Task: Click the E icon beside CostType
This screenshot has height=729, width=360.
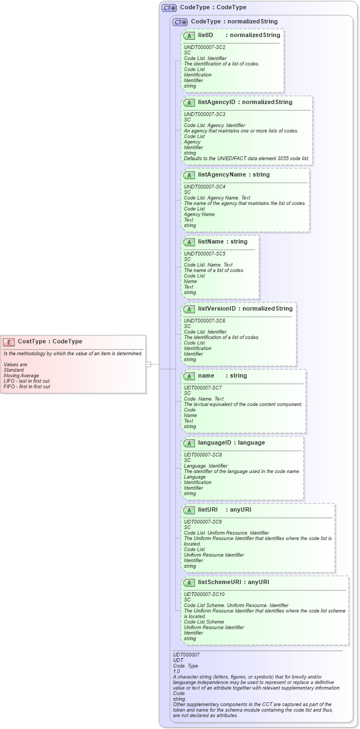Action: pyautogui.click(x=9, y=342)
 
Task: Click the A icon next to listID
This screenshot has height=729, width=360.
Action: pyautogui.click(x=189, y=35)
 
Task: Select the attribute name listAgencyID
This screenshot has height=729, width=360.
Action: pyautogui.click(x=217, y=102)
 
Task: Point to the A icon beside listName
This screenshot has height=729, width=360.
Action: pyautogui.click(x=189, y=242)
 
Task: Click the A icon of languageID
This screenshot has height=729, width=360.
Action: pyautogui.click(x=189, y=443)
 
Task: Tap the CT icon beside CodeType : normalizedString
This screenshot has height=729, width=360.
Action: pyautogui.click(x=180, y=22)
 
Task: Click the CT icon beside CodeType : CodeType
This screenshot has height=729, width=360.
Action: pyautogui.click(x=169, y=8)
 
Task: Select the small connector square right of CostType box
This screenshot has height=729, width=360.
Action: pyautogui.click(x=149, y=364)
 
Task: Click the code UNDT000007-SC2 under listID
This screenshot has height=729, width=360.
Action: pyautogui.click(x=204, y=47)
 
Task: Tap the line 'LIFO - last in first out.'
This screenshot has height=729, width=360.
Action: pyautogui.click(x=27, y=381)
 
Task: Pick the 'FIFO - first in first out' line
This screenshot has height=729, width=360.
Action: pyautogui.click(x=27, y=386)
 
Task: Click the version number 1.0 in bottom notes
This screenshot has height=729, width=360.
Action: pyautogui.click(x=176, y=671)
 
